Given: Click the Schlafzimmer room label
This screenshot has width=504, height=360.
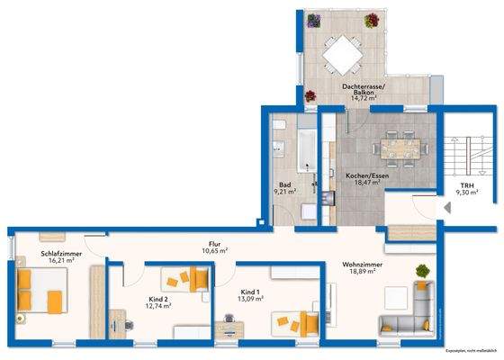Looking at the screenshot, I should pos(38,256).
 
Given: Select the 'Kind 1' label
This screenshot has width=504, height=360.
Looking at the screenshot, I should pos(251,293).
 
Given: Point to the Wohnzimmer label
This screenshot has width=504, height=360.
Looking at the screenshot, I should pos(359,265).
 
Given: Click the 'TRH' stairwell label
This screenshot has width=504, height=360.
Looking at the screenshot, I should pos(465,184).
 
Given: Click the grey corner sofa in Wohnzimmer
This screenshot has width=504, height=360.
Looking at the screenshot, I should pos(410,310).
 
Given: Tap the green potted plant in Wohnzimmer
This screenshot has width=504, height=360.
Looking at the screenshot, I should pos(421,270).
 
